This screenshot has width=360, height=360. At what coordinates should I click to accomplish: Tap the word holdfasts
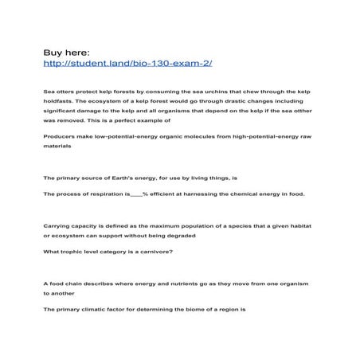coord(59,103)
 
